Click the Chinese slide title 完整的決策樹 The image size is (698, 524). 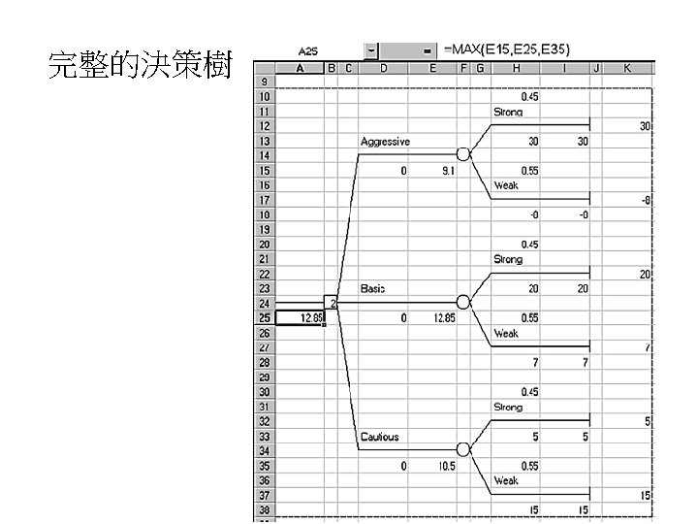[x=140, y=67]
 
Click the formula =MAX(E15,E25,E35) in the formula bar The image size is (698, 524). [x=506, y=49]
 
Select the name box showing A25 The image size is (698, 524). [x=308, y=49]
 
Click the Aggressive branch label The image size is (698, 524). [x=385, y=142]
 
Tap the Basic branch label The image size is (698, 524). [x=373, y=288]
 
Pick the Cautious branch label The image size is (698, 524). [x=379, y=437]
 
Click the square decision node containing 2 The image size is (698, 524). [x=331, y=303]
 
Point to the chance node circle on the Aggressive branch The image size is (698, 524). [x=463, y=154]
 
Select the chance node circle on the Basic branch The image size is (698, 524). [x=463, y=303]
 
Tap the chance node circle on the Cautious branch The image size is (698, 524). [x=463, y=450]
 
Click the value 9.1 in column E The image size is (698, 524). [x=445, y=171]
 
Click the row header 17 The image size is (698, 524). [x=265, y=200]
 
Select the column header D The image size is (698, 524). [x=384, y=68]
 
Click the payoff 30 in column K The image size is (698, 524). [x=645, y=127]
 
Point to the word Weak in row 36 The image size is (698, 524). [x=506, y=480]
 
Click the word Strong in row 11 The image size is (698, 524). [x=508, y=113]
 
